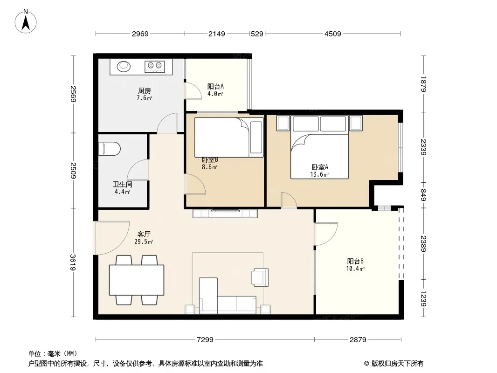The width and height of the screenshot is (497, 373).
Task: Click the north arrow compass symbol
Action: click(x=26, y=21)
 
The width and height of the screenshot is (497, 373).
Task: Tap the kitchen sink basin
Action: click(x=124, y=66)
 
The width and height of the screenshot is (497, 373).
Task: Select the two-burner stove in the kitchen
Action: click(x=155, y=66)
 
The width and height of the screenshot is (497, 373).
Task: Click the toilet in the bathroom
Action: click(x=110, y=149)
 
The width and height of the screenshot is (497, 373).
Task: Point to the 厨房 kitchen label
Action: click(x=144, y=91)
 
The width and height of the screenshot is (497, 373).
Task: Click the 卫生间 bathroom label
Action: click(x=122, y=185)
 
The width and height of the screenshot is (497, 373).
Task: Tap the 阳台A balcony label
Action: click(x=215, y=86)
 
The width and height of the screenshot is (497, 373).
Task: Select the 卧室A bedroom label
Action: click(x=320, y=167)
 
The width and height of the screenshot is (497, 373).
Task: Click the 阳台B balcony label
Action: click(x=355, y=262)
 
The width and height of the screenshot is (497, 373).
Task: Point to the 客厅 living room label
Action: click(x=144, y=234)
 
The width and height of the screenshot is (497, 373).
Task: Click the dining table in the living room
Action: click(x=137, y=280)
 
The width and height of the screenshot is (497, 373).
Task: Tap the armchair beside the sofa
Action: click(x=260, y=277)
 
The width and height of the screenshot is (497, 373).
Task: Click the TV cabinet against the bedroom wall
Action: click(x=225, y=213)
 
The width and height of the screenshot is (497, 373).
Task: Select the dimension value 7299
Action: click(x=205, y=340)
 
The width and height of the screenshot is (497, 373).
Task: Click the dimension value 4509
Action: click(x=333, y=34)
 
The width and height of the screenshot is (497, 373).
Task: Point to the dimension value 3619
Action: click(x=73, y=262)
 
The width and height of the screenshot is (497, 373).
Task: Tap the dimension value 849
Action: click(x=423, y=194)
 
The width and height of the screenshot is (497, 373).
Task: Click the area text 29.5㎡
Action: click(x=144, y=242)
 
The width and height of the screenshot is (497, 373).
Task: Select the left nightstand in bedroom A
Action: click(x=283, y=123)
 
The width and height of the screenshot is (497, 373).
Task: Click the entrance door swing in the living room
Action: click(x=112, y=238)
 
